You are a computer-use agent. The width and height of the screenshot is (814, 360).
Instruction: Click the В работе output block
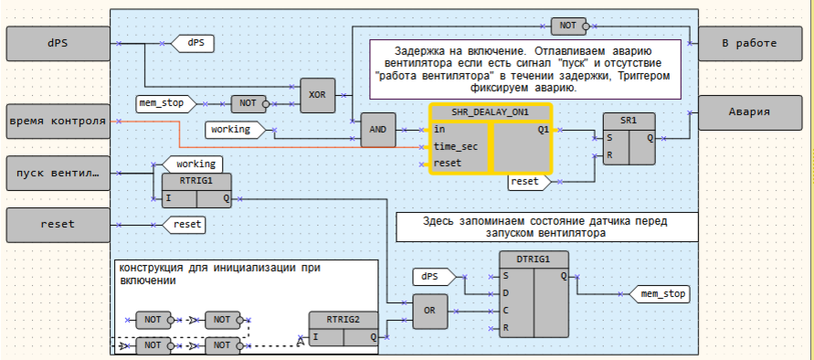749,43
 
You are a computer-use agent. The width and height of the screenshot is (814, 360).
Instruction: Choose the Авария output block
749,112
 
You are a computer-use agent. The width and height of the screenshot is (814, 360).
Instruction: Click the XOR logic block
317,94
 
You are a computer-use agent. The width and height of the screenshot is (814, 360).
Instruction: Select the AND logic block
377,130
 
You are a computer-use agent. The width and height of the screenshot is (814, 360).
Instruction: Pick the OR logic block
428,311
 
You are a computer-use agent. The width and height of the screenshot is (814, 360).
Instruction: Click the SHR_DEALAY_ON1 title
491,112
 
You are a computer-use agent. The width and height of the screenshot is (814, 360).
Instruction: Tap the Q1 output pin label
543,130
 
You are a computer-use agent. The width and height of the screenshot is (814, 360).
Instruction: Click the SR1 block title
629,121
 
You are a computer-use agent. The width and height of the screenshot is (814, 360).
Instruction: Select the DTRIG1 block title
533,259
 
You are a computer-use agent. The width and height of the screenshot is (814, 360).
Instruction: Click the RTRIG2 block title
343,319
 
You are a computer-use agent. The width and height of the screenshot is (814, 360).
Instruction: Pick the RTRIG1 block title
191,181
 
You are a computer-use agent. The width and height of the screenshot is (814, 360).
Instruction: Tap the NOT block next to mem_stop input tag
248,103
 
